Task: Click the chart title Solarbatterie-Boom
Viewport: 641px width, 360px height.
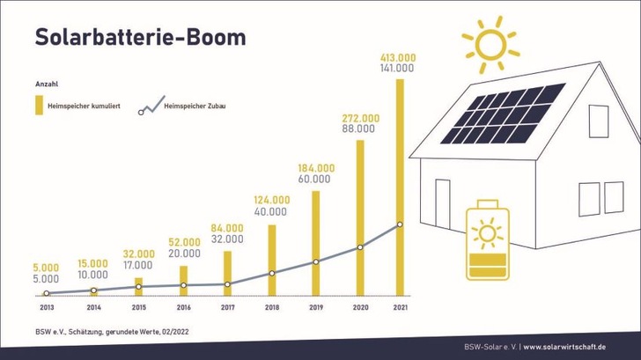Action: tap(140, 37)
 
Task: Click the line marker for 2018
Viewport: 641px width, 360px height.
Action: tap(271, 273)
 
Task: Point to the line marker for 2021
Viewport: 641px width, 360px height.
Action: tap(400, 224)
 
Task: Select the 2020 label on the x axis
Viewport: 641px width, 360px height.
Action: tap(359, 307)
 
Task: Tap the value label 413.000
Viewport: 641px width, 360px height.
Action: tap(398, 57)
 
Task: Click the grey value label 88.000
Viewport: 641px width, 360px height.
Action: tap(357, 129)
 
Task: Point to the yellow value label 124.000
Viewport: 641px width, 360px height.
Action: tap(271, 200)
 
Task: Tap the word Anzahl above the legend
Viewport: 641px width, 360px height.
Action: tap(46, 84)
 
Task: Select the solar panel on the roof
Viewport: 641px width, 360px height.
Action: tap(502, 114)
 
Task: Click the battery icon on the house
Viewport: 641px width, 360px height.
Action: tap(487, 239)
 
